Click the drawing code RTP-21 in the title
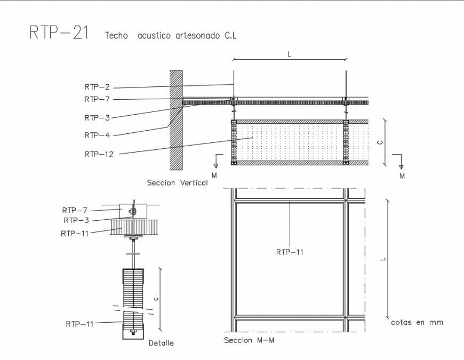point(58,33)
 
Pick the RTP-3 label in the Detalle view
point(77,220)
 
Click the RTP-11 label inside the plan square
point(290,252)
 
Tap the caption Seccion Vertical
point(177,183)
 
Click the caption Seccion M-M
point(249,340)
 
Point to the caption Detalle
point(162,343)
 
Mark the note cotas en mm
point(417,322)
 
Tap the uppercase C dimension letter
point(378,142)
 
